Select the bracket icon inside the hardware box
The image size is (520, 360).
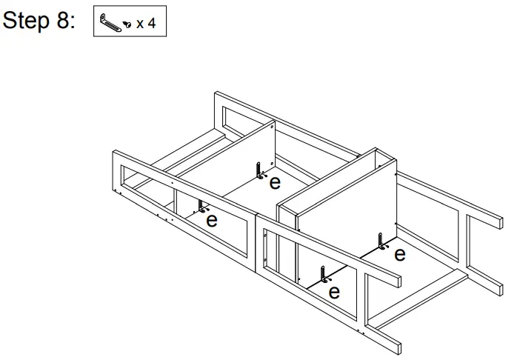tap(110, 23)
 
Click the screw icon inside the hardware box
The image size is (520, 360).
tap(127, 24)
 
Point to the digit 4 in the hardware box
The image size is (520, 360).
tap(152, 23)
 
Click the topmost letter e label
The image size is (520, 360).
tap(275, 181)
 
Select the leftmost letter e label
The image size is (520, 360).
tap(211, 220)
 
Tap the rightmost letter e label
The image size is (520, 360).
tap(399, 255)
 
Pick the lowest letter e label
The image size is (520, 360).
tap(334, 291)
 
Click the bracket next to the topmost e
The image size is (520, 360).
tap(260, 170)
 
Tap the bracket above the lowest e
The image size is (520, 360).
tap(323, 275)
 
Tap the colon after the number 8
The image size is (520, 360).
tap(73, 22)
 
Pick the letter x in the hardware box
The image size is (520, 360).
tap(140, 24)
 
